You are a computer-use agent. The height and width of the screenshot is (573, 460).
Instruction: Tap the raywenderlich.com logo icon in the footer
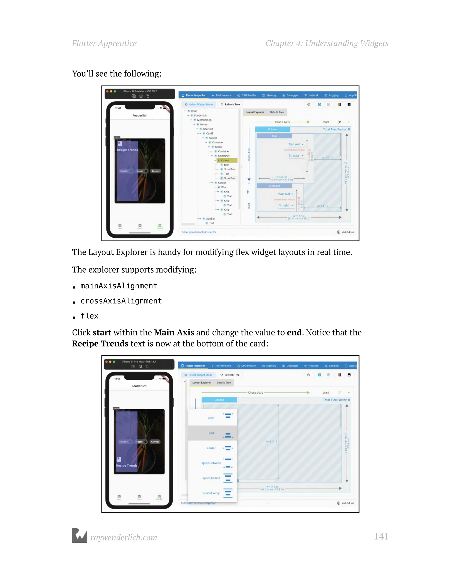click(x=79, y=535)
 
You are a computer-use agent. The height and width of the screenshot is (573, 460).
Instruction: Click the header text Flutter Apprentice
click(x=104, y=43)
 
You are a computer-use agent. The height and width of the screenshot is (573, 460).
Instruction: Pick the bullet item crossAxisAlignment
click(x=121, y=301)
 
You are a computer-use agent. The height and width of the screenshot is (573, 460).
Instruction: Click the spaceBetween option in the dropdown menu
click(x=211, y=463)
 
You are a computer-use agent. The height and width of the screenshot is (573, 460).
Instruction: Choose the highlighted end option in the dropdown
click(x=211, y=433)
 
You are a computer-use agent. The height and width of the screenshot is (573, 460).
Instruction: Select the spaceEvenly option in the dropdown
click(x=211, y=493)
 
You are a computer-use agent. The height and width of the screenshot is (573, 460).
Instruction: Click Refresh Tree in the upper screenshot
click(x=230, y=104)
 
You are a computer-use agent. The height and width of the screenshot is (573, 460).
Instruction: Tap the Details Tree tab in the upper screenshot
click(x=277, y=112)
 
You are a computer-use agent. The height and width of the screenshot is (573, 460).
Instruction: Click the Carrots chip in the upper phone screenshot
click(x=156, y=171)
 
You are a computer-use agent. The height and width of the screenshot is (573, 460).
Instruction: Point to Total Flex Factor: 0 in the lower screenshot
click(x=336, y=400)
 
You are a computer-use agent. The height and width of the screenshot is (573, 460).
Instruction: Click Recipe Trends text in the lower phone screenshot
click(x=126, y=465)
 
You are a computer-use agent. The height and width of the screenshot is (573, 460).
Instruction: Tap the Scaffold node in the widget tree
click(x=208, y=129)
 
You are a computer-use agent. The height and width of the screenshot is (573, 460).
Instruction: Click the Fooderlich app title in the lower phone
click(x=139, y=386)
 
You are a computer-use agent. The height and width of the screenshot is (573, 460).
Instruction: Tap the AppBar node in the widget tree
click(x=210, y=219)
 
